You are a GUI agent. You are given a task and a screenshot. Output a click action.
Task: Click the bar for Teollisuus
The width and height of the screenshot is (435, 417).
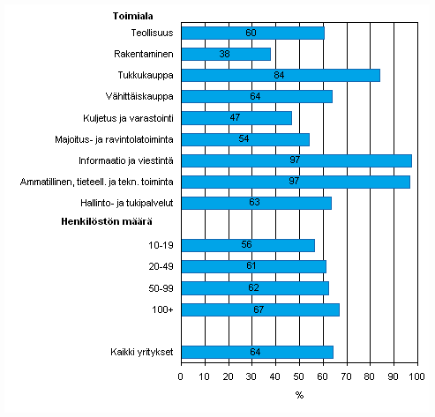(252, 33)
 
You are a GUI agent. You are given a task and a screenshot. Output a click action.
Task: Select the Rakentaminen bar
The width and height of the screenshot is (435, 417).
(226, 54)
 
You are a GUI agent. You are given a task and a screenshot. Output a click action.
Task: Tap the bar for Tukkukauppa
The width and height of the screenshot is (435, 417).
(281, 75)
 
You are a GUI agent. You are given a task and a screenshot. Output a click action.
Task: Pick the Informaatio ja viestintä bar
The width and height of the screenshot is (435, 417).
(296, 160)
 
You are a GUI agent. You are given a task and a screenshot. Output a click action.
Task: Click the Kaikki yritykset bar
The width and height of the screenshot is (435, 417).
(257, 352)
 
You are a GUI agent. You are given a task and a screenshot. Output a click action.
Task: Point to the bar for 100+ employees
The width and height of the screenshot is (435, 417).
(260, 309)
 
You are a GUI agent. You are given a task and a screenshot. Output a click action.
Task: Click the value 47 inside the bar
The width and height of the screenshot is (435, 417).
(236, 117)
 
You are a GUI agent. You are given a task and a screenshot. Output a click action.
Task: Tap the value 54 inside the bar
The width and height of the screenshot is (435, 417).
(244, 138)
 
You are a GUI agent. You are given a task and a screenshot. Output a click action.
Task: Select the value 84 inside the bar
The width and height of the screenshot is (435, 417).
(280, 75)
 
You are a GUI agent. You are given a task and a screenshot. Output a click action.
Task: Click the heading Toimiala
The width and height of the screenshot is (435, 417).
(132, 16)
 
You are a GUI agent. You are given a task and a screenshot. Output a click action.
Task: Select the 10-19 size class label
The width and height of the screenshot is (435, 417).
(160, 246)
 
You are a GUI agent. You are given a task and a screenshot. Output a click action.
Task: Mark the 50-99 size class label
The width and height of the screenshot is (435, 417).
(160, 288)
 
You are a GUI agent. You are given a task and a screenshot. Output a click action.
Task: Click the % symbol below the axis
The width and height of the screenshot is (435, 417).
(299, 394)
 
